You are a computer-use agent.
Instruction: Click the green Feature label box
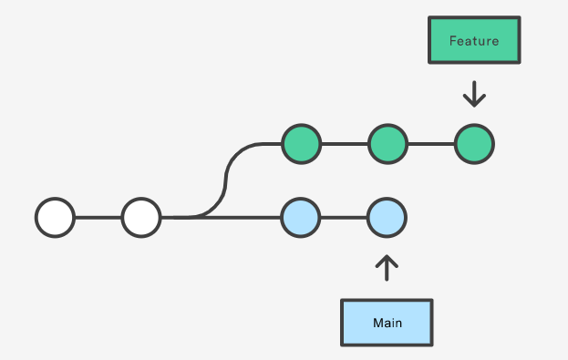[x=474, y=40]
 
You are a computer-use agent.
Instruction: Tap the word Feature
[x=474, y=41]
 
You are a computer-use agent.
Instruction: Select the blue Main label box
[x=387, y=323]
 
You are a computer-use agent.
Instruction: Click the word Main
[x=387, y=323]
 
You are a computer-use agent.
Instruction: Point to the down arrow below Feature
[x=474, y=94]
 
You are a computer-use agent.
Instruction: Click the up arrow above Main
[x=387, y=268]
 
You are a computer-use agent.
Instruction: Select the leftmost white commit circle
[x=55, y=217]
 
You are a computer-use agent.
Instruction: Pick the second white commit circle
[x=141, y=217]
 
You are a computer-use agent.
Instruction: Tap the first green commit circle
[x=302, y=144]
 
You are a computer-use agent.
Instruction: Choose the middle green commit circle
[x=388, y=144]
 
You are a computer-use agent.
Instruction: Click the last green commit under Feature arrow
[x=474, y=144]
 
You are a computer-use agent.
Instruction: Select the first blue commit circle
[x=301, y=217]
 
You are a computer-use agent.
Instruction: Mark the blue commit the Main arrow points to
[x=387, y=217]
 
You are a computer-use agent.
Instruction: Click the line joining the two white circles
[x=98, y=217]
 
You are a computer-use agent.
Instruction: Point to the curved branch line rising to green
[x=226, y=180]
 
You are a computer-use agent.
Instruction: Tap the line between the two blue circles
[x=344, y=217]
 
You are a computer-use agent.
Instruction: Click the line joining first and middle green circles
[x=345, y=144]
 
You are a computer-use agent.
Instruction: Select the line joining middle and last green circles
[x=431, y=144]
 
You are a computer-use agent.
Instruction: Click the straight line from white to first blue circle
[x=221, y=217]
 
